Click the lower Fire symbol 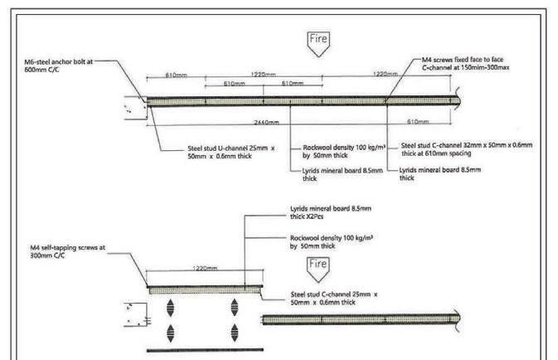pos(318,267)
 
